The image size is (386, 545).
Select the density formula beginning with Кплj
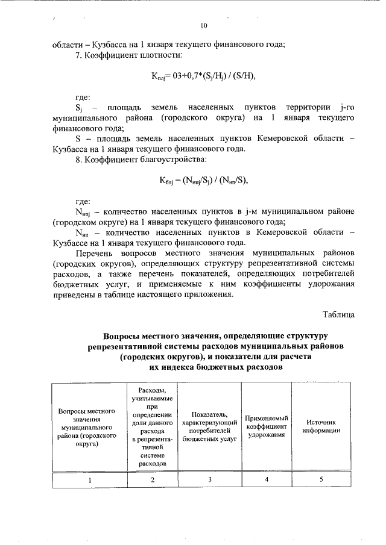[x=199, y=76]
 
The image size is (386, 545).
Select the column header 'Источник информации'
[x=321, y=426]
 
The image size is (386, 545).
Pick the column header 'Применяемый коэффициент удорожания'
[x=266, y=426]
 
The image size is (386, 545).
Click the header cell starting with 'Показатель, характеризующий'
[x=209, y=426]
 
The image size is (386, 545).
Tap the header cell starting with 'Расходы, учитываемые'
[x=152, y=426]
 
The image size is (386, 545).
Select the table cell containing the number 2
[x=152, y=479]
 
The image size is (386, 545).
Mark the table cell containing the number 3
[x=209, y=479]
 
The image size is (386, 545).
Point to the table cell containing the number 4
[x=266, y=479]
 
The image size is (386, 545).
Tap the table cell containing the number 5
[x=321, y=479]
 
